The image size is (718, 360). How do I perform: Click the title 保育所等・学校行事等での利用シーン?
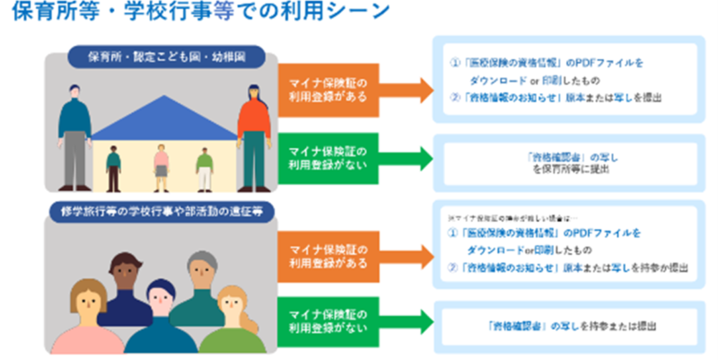click(x=197, y=15)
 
